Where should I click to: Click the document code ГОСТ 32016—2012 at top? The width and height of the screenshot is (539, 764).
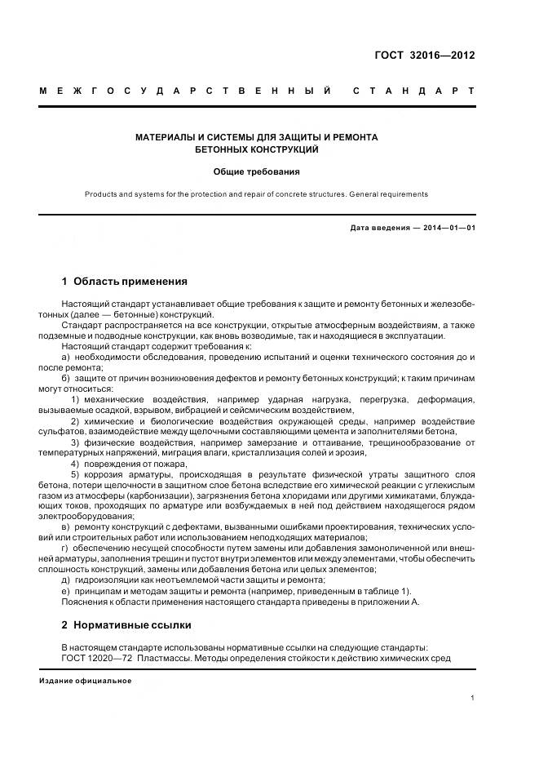423,56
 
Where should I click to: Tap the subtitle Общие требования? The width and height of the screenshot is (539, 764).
256,172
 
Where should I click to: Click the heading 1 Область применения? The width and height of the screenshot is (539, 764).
124,282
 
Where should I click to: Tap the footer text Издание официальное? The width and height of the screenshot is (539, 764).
85,681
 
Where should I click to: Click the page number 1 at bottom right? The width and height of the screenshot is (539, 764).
473,698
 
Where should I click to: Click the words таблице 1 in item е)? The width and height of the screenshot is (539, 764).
388,591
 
